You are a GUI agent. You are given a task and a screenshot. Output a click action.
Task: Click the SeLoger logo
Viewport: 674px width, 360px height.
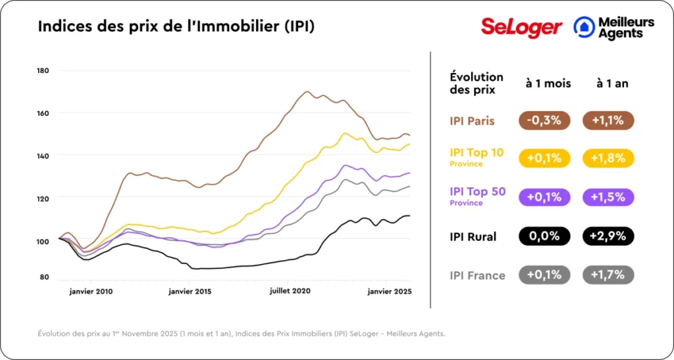[521, 27]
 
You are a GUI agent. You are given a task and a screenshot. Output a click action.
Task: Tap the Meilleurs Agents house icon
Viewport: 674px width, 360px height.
[583, 27]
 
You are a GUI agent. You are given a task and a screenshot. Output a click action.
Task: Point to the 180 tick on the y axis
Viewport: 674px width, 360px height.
[43, 70]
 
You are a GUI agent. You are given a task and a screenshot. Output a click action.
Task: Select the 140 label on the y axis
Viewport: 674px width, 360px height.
[43, 155]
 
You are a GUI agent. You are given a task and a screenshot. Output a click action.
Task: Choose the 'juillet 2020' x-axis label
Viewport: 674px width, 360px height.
[290, 290]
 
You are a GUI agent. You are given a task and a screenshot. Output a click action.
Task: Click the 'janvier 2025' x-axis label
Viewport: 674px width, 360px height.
[389, 290]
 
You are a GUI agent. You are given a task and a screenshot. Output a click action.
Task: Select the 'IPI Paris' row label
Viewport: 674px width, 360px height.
[472, 121]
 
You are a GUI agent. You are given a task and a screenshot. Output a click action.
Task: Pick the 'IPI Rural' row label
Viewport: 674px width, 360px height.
[473, 236]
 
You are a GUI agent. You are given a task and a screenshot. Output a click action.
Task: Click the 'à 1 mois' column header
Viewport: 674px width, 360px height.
[548, 84]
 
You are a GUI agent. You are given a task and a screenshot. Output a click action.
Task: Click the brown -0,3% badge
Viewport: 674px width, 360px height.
[544, 121]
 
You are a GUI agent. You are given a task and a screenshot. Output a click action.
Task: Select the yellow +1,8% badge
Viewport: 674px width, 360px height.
[608, 159]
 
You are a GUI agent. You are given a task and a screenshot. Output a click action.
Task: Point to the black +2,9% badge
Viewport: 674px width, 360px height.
[608, 236]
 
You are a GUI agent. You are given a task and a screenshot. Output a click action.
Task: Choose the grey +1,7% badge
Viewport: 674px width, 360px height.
[608, 274]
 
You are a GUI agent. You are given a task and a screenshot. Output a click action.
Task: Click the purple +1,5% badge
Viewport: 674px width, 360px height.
[608, 197]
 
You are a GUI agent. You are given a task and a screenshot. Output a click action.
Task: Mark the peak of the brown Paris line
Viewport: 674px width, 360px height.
[307, 91]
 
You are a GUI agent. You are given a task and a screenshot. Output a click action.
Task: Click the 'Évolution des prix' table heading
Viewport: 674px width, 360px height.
[477, 84]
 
